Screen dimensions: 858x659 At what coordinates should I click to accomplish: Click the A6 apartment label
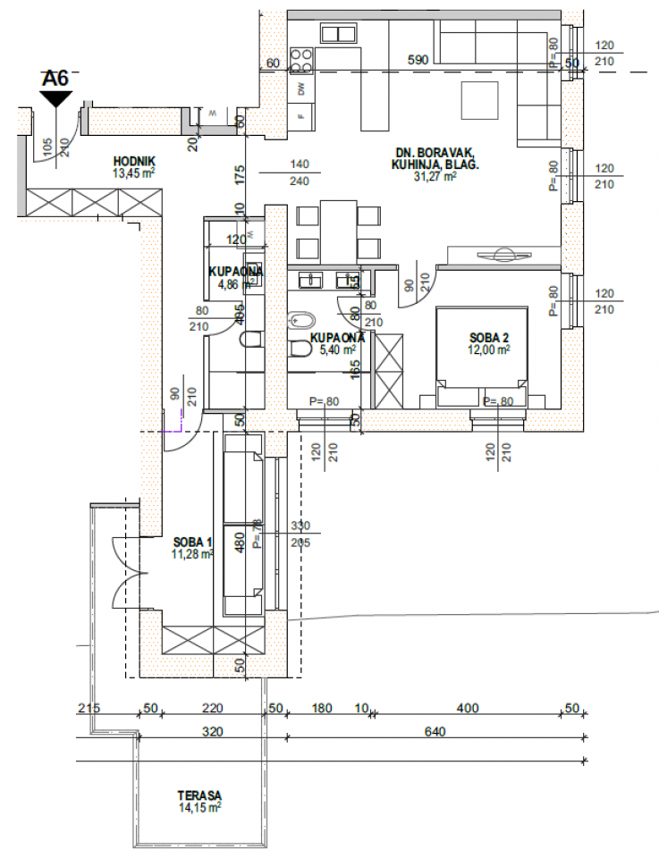[x=55, y=79]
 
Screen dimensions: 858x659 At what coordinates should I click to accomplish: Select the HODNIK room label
[x=130, y=161]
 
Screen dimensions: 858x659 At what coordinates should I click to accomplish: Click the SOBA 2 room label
[x=489, y=338]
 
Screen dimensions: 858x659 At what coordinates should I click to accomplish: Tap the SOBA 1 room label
[x=192, y=543]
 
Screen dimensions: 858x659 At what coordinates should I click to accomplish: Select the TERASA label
[x=199, y=795]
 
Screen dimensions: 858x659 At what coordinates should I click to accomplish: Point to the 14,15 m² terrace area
[x=199, y=806]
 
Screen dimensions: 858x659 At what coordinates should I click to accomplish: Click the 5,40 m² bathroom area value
[x=337, y=349]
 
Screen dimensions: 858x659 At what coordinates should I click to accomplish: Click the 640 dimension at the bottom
[x=435, y=731]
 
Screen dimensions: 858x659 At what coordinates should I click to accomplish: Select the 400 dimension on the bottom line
[x=466, y=708]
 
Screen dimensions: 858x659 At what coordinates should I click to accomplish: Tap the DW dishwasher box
[x=301, y=89]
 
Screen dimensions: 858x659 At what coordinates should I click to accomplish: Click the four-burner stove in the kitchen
[x=301, y=59]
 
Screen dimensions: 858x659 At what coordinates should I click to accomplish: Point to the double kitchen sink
[x=340, y=34]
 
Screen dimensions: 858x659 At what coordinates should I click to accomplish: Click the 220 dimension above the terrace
[x=211, y=708]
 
